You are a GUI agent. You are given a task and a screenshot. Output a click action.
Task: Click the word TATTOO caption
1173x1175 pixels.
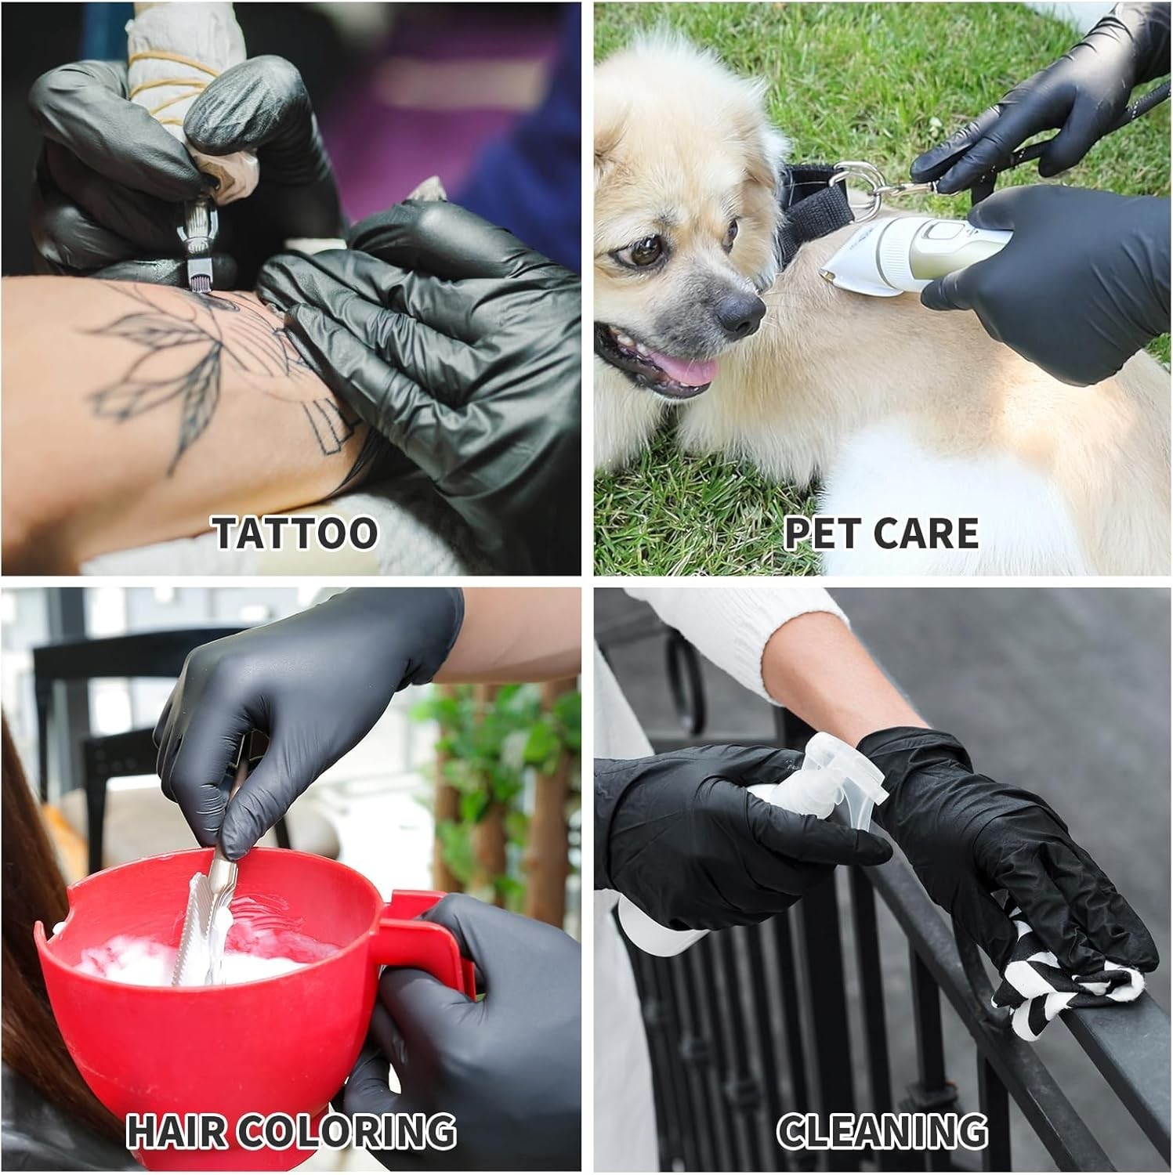295,533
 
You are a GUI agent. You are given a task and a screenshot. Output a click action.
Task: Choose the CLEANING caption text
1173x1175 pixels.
882,1131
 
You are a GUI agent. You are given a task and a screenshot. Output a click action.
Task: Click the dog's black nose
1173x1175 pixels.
737,314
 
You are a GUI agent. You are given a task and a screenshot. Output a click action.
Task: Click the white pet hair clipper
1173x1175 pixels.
913,255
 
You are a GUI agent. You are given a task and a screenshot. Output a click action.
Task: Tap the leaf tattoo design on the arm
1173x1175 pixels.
165,368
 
